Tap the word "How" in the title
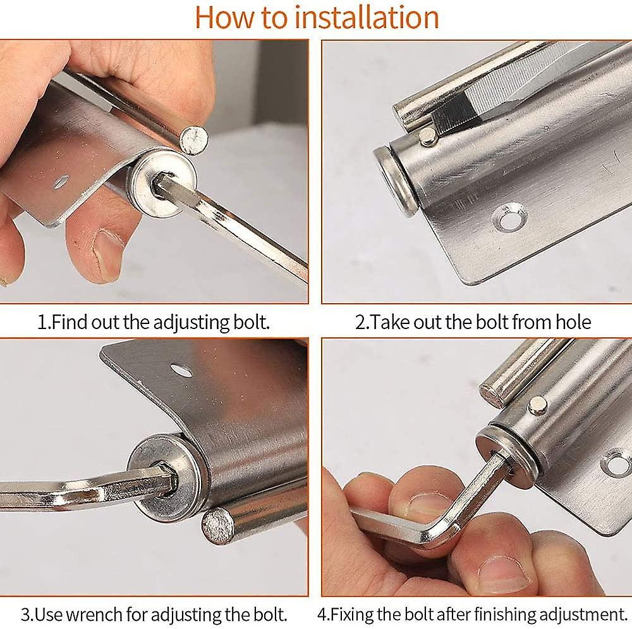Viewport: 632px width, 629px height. pos(223,17)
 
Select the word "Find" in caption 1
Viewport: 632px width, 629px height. pos(69,322)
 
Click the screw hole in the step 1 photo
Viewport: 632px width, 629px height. pos(60,182)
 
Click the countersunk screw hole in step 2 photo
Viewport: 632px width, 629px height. pos(509,217)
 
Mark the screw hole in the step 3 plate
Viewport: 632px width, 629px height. pos(181,370)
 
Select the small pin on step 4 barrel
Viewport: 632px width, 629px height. pos(538,405)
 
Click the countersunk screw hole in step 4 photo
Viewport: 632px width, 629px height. pos(616,463)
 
